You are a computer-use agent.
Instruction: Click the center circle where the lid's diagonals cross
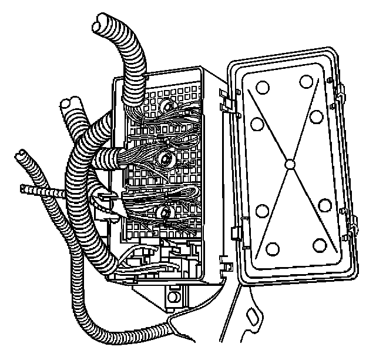(288, 165)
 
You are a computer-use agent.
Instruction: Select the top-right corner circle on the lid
(305, 81)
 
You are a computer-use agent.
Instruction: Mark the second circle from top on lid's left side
(256, 124)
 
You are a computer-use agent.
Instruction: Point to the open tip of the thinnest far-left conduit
(21, 155)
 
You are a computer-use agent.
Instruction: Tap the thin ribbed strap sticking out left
(35, 191)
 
